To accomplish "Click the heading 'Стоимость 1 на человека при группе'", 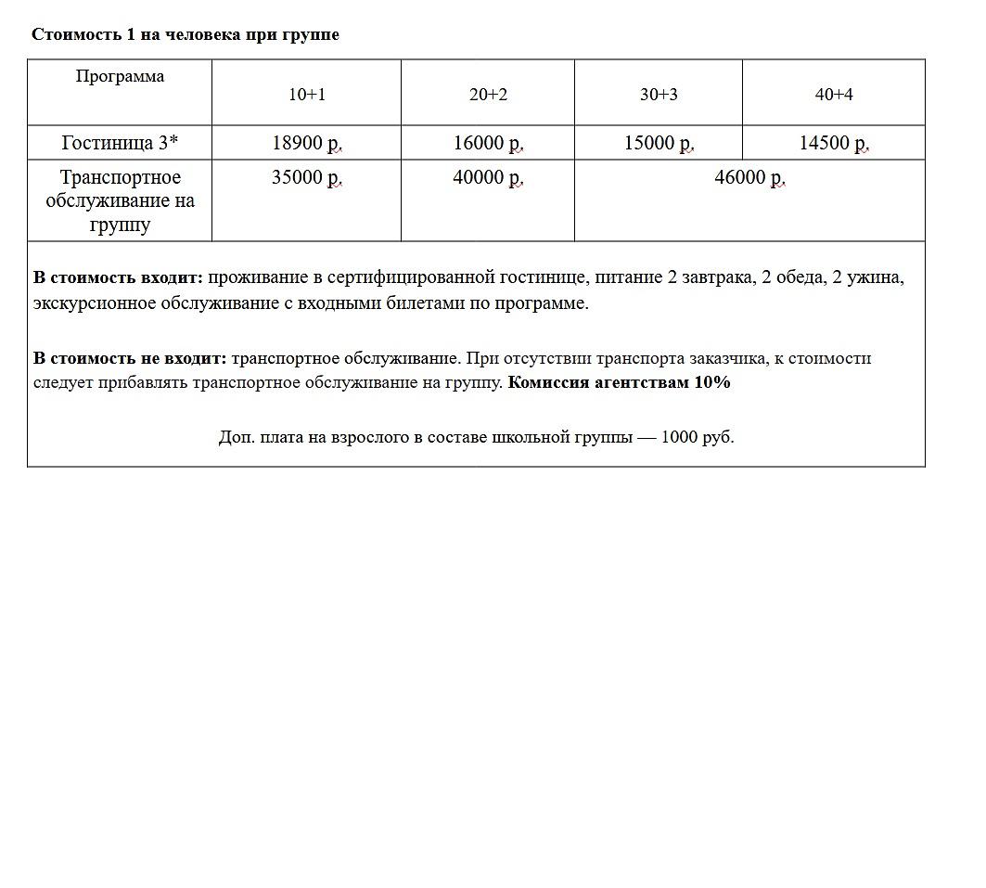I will tap(186, 35).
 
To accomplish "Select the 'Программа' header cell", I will tap(120, 77).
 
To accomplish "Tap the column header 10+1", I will tap(306, 95).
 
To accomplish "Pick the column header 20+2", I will tap(488, 95).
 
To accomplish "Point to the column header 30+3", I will tap(659, 95).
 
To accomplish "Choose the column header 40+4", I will tap(834, 95).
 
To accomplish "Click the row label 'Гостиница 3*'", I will tap(120, 143).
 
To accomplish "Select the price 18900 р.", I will tap(306, 143).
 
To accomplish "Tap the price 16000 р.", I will tap(488, 143).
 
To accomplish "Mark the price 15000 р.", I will tap(659, 143).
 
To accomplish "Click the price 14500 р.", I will tap(834, 143).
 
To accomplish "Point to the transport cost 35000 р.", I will tap(306, 177).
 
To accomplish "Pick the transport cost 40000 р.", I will tap(488, 177).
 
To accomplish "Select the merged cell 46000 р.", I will tap(749, 177).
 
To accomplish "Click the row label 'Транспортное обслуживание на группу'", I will tap(120, 200).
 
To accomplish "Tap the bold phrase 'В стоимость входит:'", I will tap(118, 277).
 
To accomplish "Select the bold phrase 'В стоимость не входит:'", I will tap(130, 358).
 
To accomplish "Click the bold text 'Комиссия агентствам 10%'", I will tap(620, 382).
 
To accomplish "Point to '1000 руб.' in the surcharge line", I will tap(698, 437).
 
